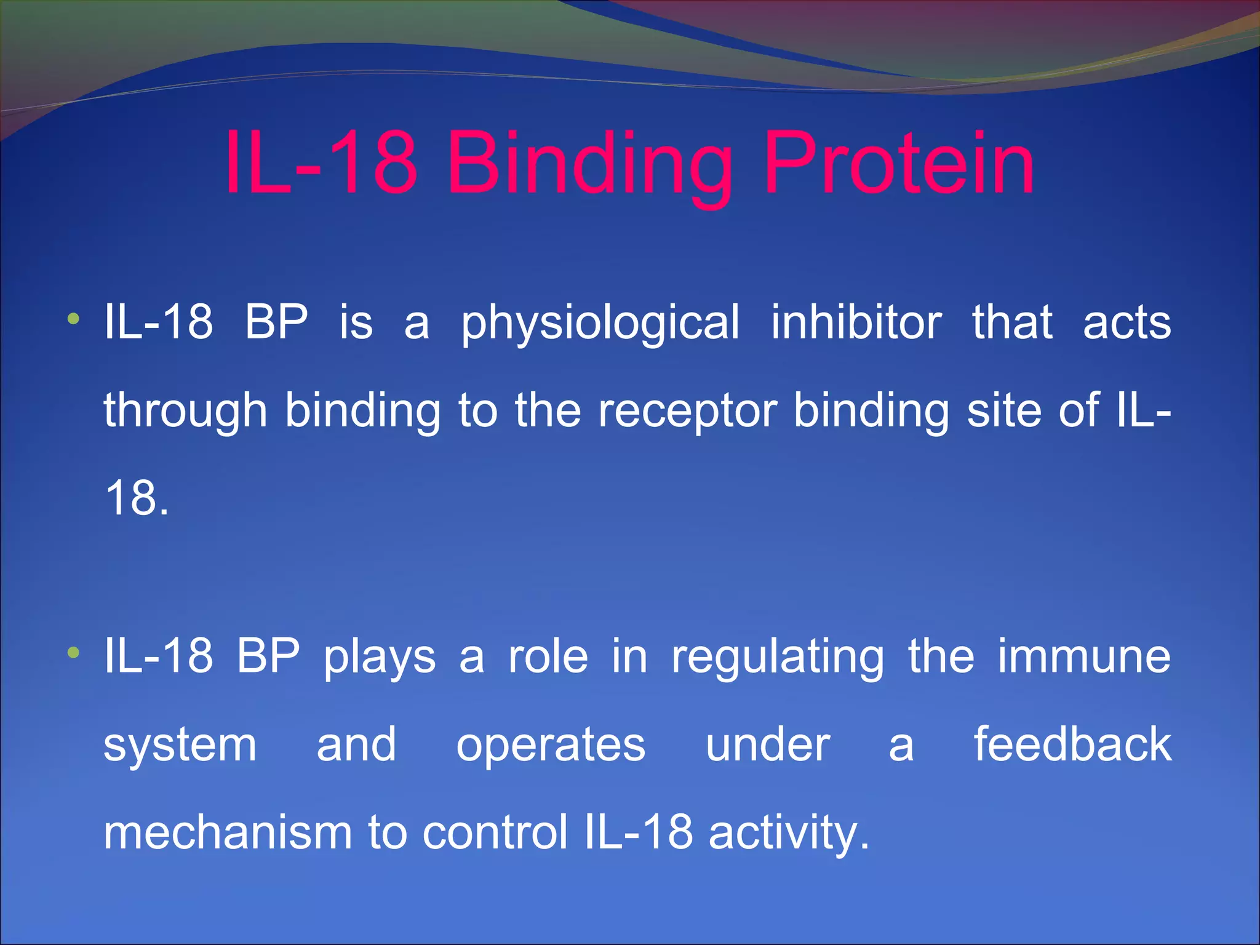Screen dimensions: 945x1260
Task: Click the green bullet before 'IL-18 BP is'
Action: click(x=74, y=319)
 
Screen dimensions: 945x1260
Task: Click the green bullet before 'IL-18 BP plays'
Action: click(x=74, y=653)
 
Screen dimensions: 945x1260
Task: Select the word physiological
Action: click(x=600, y=323)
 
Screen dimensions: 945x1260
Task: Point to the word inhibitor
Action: click(x=856, y=322)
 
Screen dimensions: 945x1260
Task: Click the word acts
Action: click(x=1126, y=323)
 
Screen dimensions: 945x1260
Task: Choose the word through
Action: click(x=185, y=411)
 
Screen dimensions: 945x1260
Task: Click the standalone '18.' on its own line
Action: click(x=137, y=498)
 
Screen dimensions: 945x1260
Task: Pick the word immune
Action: click(x=1084, y=656)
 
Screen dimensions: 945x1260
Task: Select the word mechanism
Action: click(x=227, y=832)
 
